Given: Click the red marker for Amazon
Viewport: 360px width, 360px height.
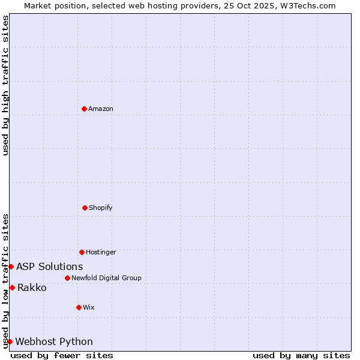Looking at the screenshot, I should [84, 109].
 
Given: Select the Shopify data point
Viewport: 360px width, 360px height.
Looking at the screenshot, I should [85, 208].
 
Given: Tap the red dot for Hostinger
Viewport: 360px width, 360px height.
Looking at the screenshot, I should [82, 252].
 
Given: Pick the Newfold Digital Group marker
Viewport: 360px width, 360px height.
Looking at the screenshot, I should [67, 278].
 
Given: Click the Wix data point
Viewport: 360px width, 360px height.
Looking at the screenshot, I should [79, 307].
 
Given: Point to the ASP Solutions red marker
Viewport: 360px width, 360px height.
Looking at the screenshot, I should [11, 266].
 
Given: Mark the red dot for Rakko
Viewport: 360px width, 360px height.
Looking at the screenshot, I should [12, 287].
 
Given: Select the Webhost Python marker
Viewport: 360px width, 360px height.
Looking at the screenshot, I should [10, 341].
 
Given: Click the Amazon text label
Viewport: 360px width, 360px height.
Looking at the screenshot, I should [101, 109].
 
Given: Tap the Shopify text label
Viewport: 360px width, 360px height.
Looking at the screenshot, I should [101, 208].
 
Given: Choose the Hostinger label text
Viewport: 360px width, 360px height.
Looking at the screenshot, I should [101, 252].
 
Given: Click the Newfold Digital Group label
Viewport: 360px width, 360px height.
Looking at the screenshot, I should [106, 278].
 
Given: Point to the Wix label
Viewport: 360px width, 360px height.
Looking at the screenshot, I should [89, 307].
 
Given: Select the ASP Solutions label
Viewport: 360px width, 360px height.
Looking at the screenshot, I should [50, 266].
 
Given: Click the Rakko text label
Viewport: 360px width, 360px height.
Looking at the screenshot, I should [32, 287].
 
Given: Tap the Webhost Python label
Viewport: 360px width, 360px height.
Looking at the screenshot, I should [54, 341].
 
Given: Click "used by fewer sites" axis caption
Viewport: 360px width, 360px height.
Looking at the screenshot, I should [62, 355].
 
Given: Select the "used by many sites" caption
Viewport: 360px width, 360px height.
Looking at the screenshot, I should [301, 355].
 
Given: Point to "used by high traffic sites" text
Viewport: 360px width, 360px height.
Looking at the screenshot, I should [5, 85].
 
